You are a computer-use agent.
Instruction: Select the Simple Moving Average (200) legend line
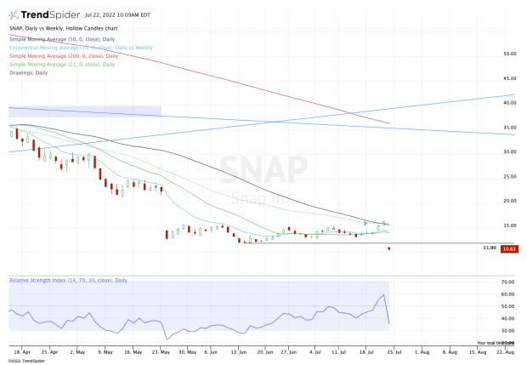(61, 55)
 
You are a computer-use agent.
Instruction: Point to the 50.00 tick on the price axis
(510, 54)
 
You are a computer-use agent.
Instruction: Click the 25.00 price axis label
(510, 176)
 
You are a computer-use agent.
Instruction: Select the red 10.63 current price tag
(509, 248)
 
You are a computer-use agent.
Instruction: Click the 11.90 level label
(488, 248)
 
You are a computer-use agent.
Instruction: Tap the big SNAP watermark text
(263, 170)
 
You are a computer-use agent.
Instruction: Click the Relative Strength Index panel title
(68, 280)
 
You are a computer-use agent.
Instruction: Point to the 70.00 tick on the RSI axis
(508, 282)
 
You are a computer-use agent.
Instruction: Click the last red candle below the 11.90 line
(389, 248)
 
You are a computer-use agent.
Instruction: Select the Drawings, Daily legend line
(33, 71)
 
